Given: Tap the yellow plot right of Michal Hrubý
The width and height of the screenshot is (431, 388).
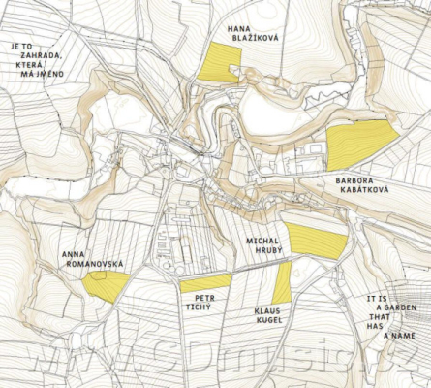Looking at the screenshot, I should point(315,242).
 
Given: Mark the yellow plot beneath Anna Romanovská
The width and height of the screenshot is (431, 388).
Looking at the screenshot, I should point(106,284).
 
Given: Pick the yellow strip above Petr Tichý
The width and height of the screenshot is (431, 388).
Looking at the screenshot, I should point(205,282).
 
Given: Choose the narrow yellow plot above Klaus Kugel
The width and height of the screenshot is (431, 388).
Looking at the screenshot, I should point(283,281).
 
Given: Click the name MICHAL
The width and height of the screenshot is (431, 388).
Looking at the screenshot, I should point(262,239).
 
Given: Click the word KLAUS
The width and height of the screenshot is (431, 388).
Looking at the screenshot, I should point(267,310).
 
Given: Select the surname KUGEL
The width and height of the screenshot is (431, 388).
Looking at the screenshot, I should point(268,321).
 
